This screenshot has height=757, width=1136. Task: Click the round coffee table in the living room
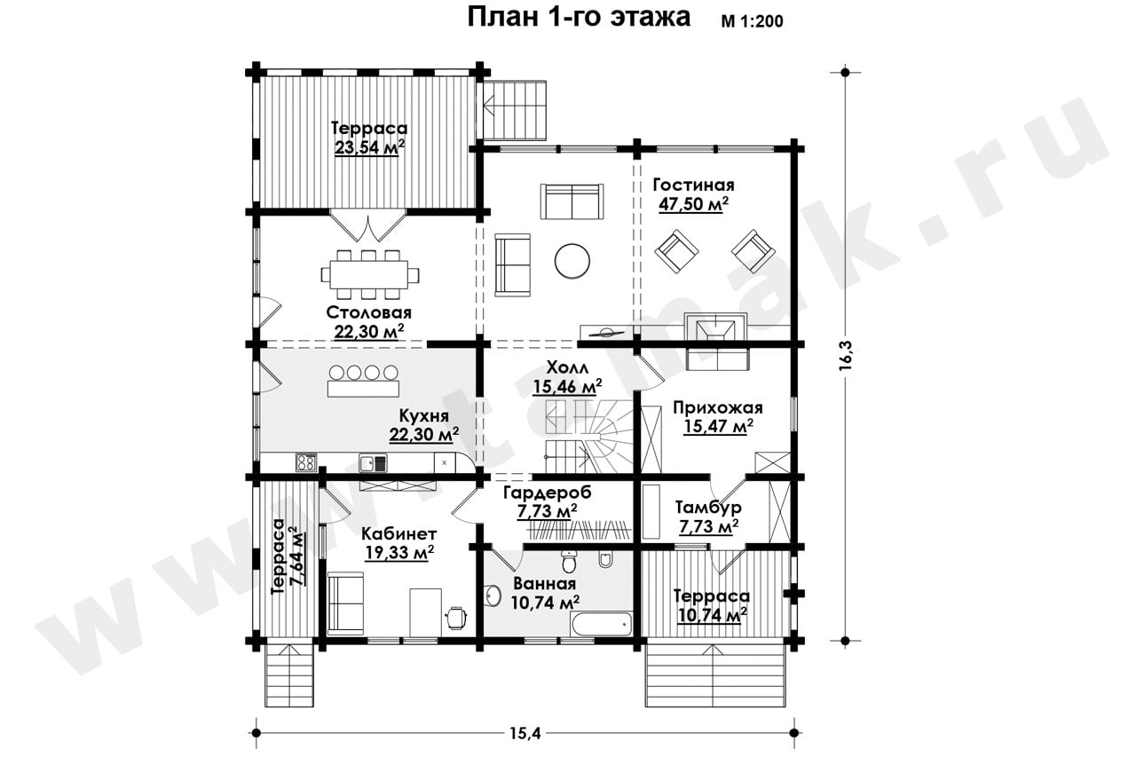pos(572,261)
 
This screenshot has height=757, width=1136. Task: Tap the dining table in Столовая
pos(370,274)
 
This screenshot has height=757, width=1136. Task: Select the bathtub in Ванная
pos(602,623)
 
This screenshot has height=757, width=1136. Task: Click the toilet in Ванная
pos(568,562)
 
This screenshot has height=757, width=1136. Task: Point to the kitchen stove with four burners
pos(306,462)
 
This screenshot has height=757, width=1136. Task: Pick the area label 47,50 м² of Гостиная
pos(693,204)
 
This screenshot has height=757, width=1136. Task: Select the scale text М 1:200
pos(752,20)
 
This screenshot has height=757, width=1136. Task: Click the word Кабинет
pos(399,533)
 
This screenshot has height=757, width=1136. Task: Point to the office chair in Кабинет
pos(455,617)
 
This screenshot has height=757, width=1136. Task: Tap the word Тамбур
pos(708,507)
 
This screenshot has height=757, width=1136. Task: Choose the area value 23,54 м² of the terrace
pos(369,147)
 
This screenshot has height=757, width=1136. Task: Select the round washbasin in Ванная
pos(492,594)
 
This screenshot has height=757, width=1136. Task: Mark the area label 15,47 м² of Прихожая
pos(718,426)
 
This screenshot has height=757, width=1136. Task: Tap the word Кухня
pos(424,415)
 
